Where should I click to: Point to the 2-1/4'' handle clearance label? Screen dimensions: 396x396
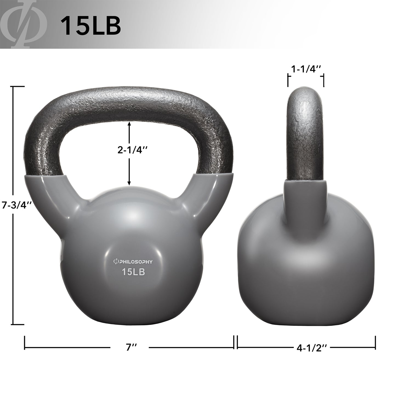click(x=129, y=150)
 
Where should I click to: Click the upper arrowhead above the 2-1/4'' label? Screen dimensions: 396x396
click(x=129, y=124)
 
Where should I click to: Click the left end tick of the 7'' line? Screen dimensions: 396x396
click(x=25, y=342)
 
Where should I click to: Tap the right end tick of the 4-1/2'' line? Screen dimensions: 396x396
click(x=375, y=342)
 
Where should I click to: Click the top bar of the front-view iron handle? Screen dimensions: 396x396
click(x=129, y=103)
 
